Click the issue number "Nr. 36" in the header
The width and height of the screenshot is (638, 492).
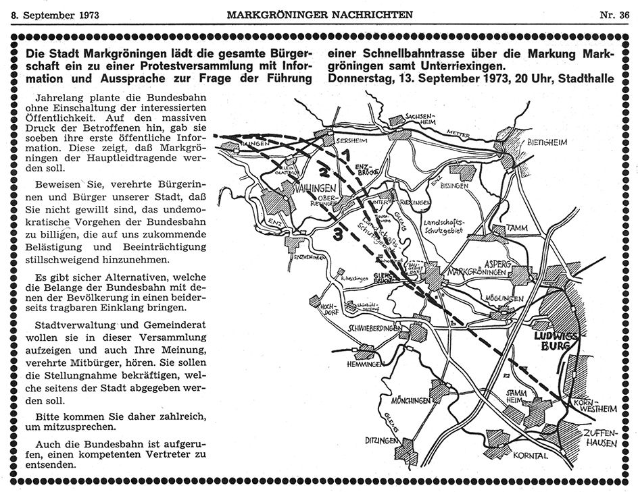coord(613,13)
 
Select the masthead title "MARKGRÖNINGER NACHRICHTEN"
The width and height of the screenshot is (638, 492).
coord(319,13)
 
